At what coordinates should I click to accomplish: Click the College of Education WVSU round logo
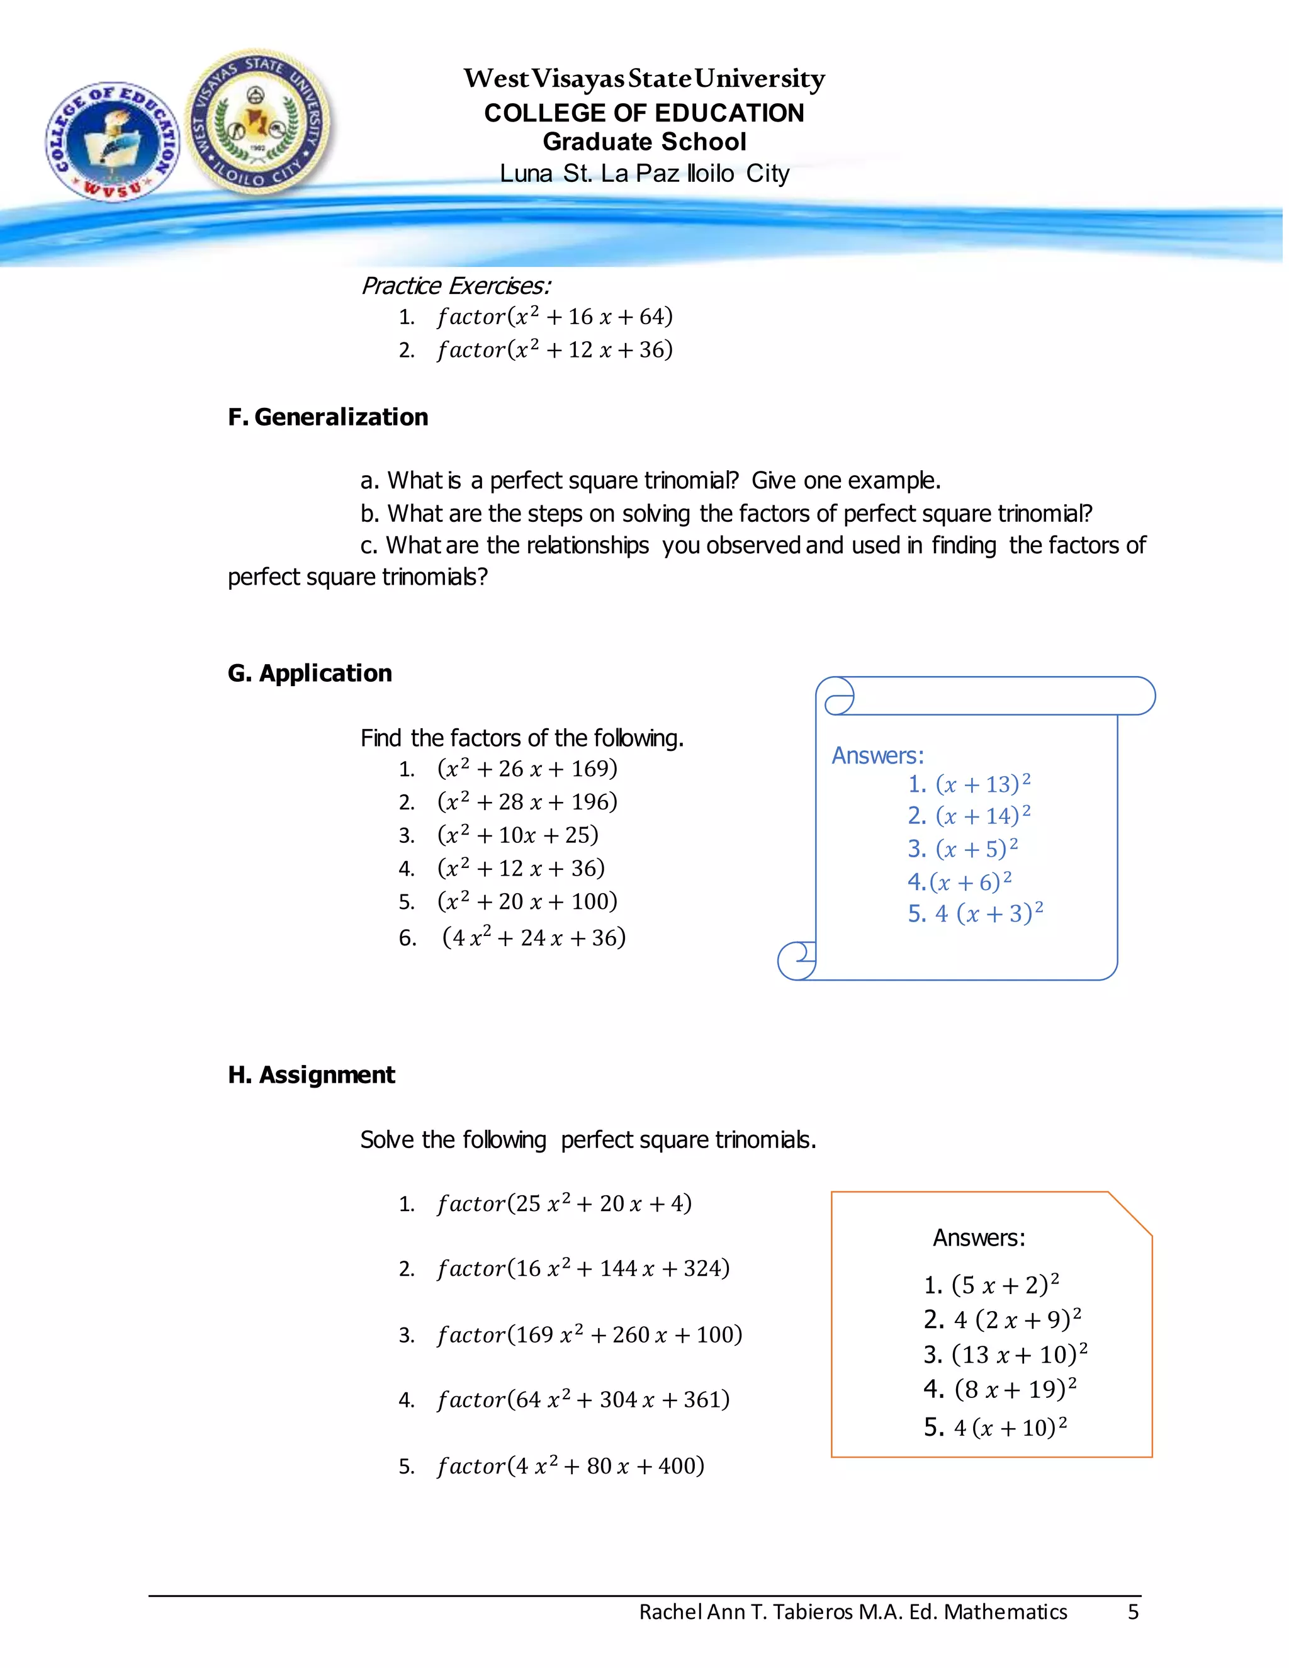click(112, 142)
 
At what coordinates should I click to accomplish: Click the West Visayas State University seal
click(259, 121)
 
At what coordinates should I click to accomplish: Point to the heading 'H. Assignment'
click(311, 1074)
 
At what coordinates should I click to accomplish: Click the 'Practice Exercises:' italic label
click(455, 286)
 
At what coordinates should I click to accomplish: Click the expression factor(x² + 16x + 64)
click(554, 316)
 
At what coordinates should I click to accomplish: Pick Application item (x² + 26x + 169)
click(527, 769)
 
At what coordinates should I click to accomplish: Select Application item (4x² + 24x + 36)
click(534, 937)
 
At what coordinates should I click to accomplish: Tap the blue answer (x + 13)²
click(982, 784)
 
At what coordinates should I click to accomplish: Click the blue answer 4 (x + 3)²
click(988, 913)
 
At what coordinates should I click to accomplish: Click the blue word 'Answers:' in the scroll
click(877, 755)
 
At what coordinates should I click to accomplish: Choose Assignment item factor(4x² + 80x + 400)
click(570, 1465)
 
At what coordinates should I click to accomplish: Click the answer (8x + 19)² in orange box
click(1015, 1389)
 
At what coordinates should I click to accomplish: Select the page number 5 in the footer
click(1133, 1611)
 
